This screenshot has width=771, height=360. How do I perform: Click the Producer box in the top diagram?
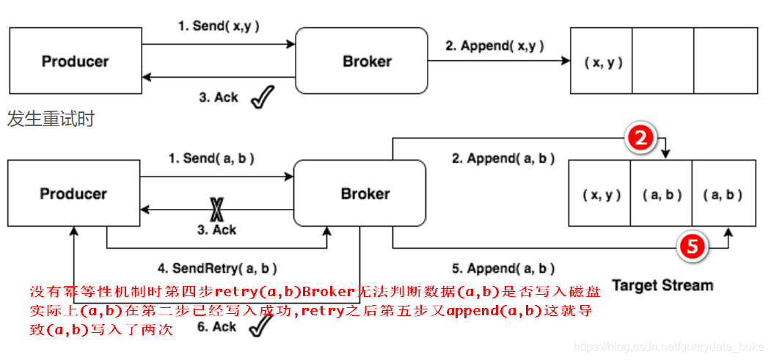(75, 62)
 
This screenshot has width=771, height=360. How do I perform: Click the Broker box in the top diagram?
(361, 62)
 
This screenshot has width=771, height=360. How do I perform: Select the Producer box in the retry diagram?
(73, 194)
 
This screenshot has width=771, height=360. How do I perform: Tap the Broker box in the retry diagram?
(359, 194)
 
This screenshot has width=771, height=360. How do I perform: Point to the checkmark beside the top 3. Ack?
(262, 96)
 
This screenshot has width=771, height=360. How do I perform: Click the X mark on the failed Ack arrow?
(216, 210)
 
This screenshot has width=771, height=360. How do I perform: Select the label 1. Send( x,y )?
(219, 26)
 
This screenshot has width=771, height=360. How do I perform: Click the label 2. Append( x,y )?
(494, 45)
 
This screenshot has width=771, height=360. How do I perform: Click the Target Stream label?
(662, 284)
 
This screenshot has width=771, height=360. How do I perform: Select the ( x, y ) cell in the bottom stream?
(601, 195)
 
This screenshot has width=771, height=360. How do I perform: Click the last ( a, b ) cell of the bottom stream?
(723, 195)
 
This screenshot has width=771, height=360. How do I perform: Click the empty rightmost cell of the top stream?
(726, 62)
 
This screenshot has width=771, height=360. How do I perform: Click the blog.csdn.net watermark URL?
(668, 347)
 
